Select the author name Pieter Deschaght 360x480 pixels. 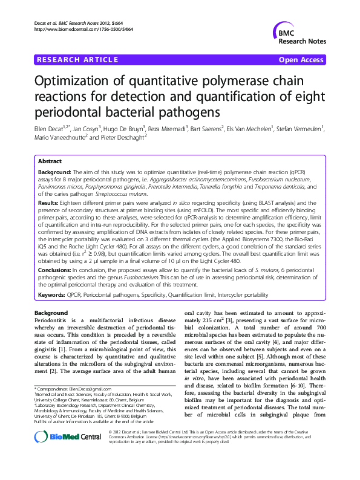[x=125, y=138]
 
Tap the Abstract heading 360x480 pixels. [x=50, y=162]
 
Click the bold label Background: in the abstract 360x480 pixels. [x=55, y=172]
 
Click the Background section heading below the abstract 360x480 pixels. [x=51, y=313]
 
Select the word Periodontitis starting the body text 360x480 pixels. [x=51, y=320]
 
